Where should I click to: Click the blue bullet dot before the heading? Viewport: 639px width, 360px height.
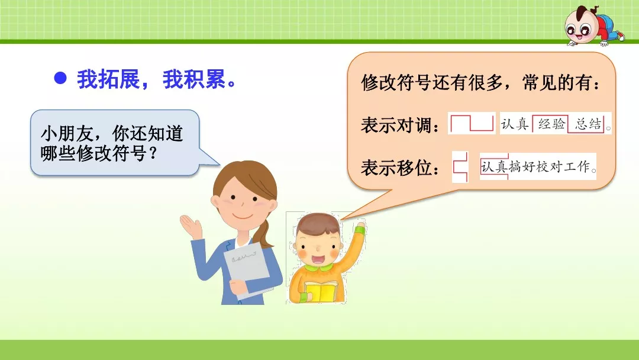60,79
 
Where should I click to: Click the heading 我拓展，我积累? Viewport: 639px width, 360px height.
157,80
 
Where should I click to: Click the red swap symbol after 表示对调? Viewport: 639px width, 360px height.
472,123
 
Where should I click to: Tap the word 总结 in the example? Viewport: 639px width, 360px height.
588,124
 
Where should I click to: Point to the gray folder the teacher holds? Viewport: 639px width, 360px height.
249,266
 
